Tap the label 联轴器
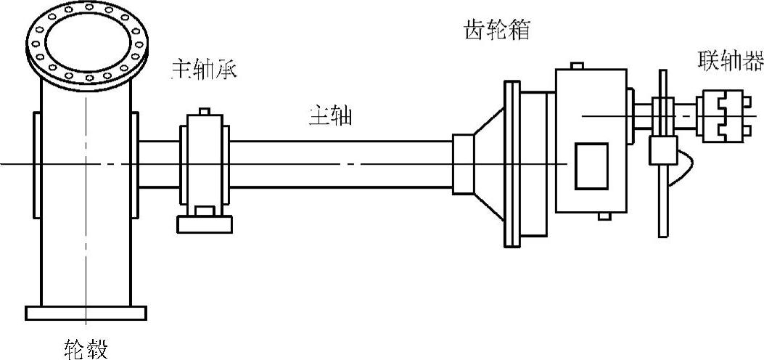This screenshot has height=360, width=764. pos(729,60)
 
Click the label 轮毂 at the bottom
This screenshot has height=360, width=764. pos(85,348)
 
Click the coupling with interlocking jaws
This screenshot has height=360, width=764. pos(721,114)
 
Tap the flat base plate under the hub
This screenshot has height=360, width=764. pos(86,313)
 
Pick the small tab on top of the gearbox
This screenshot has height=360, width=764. pos(577,66)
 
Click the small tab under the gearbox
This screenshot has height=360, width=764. pos(603,216)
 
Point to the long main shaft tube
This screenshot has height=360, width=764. pos(341,164)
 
